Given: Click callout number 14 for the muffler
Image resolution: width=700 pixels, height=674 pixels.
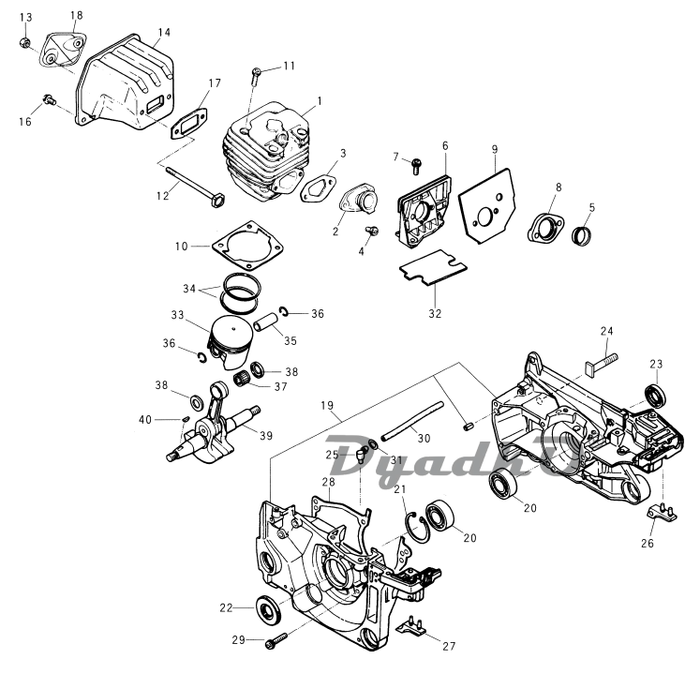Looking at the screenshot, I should coord(164,33).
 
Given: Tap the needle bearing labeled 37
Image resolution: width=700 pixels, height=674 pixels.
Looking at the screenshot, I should coord(246,380).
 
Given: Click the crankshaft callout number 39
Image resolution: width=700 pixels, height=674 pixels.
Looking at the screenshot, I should coord(266,435).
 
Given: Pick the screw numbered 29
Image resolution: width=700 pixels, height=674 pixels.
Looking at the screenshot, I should coord(276,641).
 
